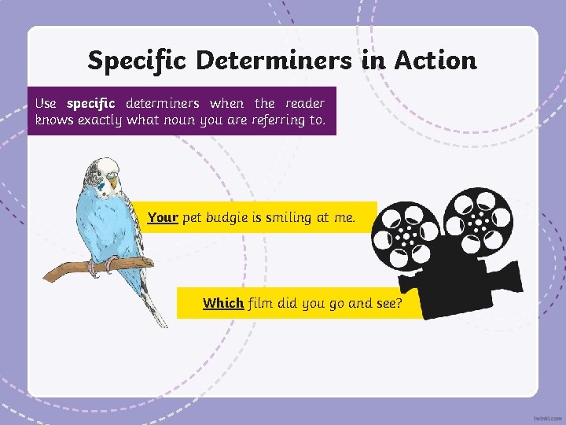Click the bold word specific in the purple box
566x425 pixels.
tap(91, 104)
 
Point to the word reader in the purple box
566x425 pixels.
tap(304, 104)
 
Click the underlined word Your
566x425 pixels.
tap(163, 217)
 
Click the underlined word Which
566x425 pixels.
tap(222, 303)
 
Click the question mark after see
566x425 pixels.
tap(399, 303)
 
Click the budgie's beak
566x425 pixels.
tap(113, 184)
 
